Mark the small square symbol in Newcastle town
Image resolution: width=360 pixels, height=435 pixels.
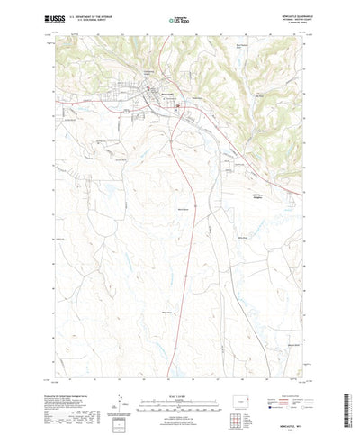coord(177,104)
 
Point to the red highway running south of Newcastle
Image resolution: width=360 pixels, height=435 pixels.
coord(183,270)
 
